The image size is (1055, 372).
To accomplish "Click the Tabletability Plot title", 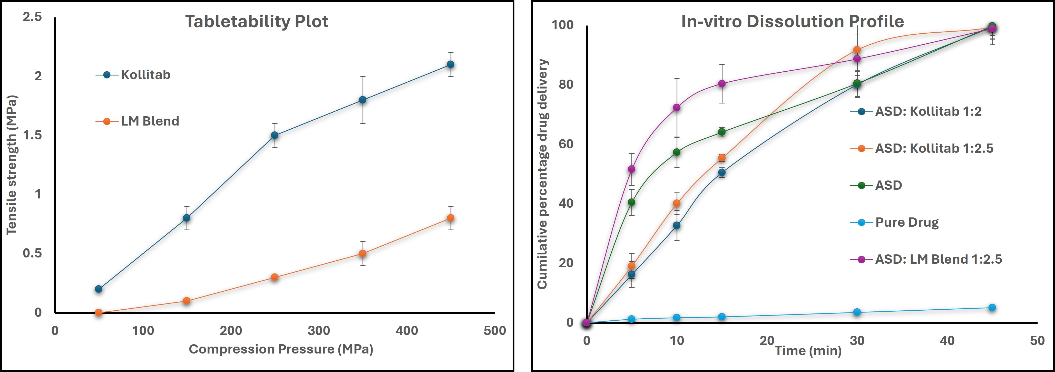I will [x=257, y=21].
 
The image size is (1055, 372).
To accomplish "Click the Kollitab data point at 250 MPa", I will [x=275, y=135].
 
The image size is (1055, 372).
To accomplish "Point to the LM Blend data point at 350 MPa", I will [x=363, y=254].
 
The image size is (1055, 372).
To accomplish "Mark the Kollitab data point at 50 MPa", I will [x=99, y=289].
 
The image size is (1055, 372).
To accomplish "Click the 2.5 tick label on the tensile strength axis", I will [x=32, y=17].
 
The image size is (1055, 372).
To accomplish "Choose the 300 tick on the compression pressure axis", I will [x=319, y=331].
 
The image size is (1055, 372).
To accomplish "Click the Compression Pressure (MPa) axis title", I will [x=281, y=349].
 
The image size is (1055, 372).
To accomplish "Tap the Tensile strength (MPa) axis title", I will [x=12, y=165].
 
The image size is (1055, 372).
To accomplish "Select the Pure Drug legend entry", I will [x=906, y=223].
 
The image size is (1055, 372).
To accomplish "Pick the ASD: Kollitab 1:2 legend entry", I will [x=928, y=111].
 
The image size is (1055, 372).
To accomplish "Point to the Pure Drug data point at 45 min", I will [x=992, y=308].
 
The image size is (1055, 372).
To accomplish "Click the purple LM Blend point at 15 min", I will [x=722, y=84].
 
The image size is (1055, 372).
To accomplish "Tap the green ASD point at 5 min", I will [x=631, y=202].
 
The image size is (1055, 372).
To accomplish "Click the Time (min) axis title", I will [x=808, y=351].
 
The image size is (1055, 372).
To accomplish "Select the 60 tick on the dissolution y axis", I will [x=566, y=144].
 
